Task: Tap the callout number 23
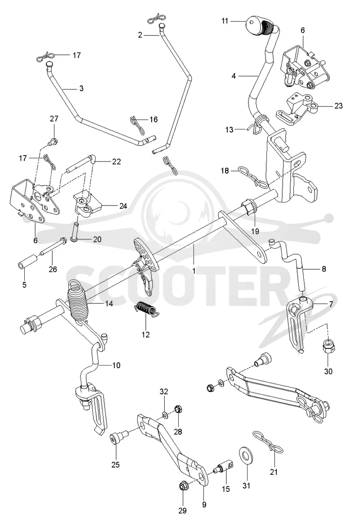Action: pos(338,106)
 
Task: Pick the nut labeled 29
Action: pos(183,485)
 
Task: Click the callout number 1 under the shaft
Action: pos(194,270)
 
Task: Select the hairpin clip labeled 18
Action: pos(253,177)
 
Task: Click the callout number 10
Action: pos(116,365)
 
